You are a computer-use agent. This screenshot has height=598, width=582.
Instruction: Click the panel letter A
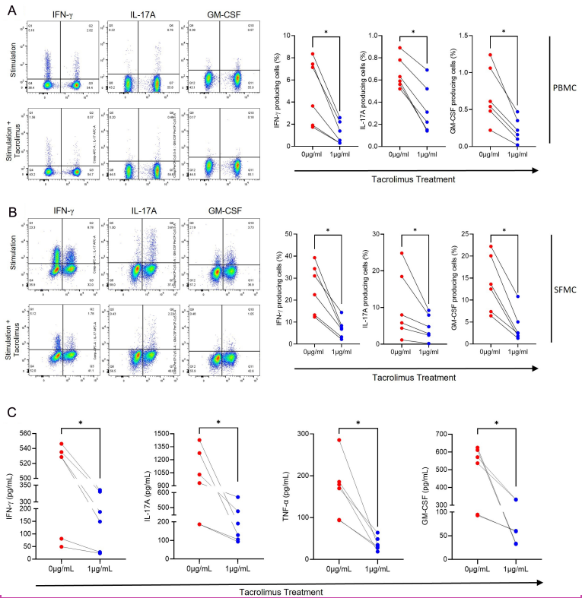tap(8, 8)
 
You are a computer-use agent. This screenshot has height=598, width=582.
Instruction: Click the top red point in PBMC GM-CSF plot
tap(490, 55)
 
